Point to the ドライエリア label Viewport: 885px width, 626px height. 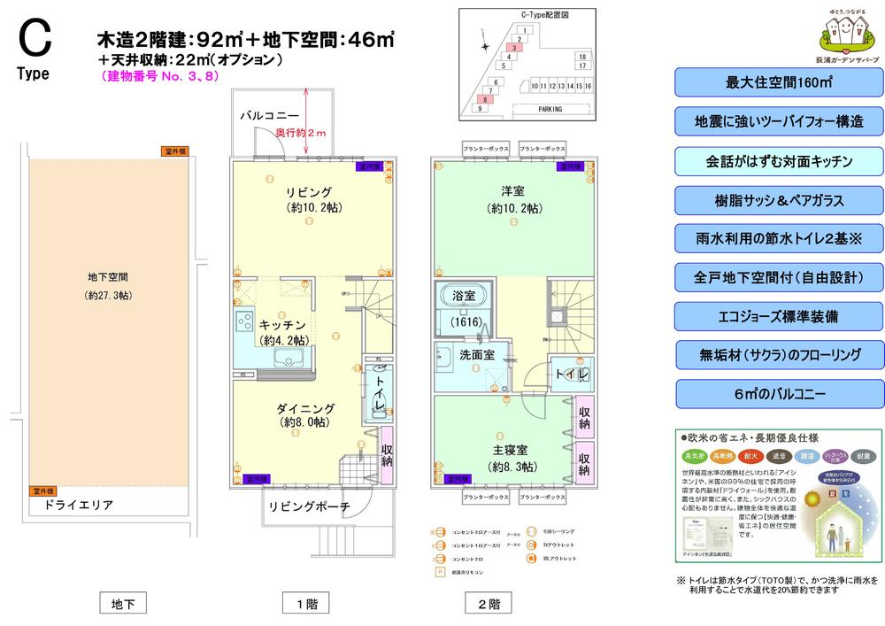coord(77,505)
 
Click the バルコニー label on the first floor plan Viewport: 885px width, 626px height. coord(269,116)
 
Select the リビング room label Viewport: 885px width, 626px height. coord(308,192)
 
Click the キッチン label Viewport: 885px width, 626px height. coord(283,325)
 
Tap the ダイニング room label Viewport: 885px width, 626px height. coord(305,408)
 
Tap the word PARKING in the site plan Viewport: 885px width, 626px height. coord(550,108)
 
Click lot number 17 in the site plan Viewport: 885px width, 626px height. coord(581,66)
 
